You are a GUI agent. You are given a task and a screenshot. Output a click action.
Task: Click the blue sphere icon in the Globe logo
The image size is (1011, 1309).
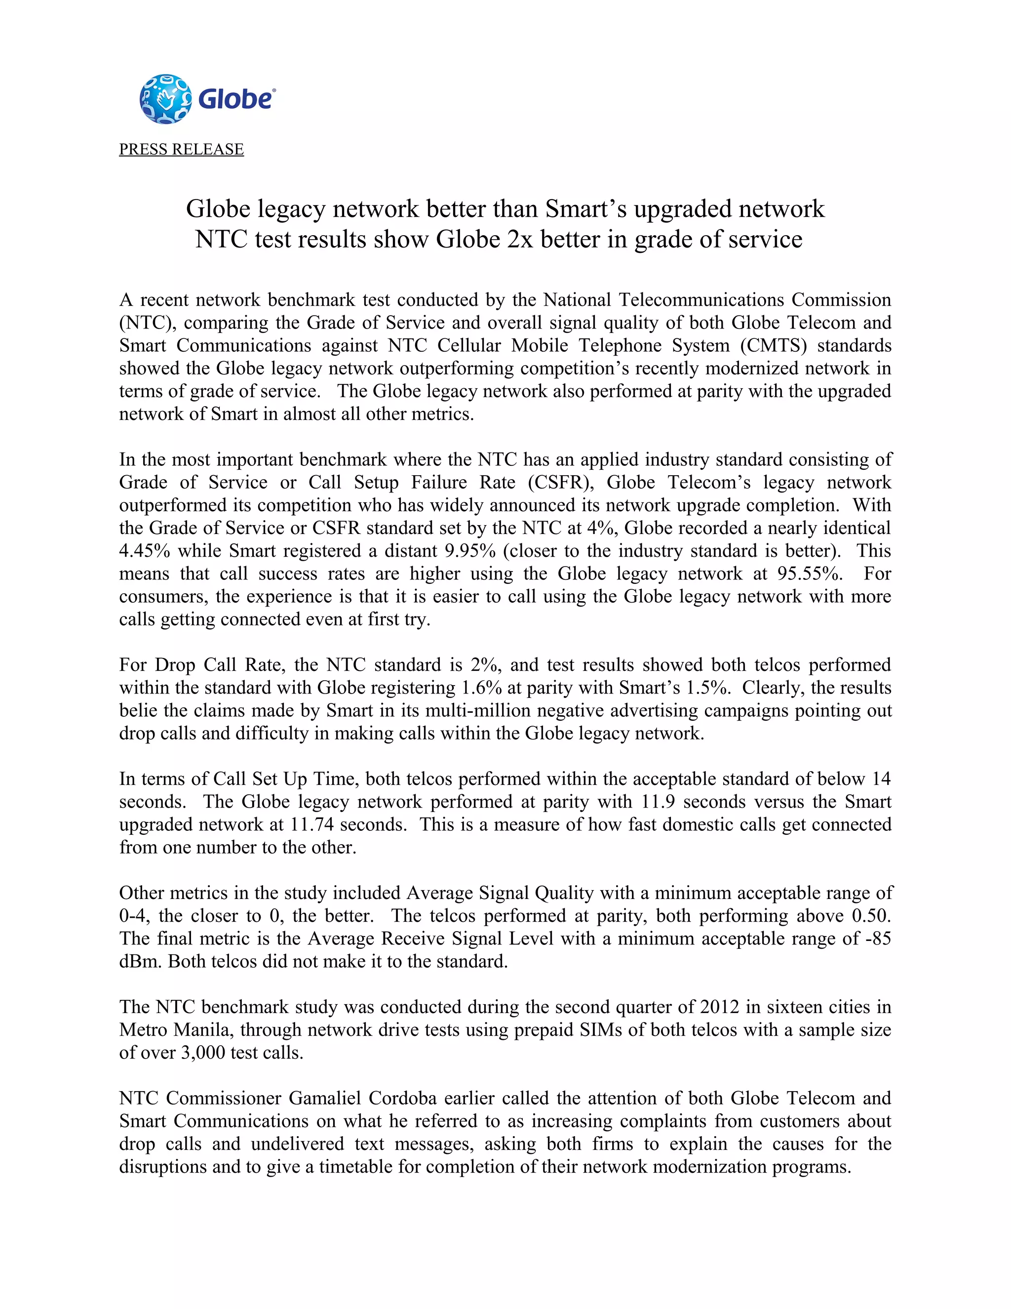[165, 99]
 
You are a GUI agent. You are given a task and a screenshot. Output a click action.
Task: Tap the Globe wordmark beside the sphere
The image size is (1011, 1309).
[236, 99]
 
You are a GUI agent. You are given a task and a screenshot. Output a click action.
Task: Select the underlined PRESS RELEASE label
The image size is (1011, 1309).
[182, 149]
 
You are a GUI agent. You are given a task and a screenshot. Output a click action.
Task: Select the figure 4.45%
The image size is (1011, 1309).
[144, 551]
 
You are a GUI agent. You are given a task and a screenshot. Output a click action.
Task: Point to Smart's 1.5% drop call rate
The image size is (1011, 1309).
[708, 688]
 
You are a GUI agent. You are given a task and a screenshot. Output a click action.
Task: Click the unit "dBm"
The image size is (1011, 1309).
[141, 961]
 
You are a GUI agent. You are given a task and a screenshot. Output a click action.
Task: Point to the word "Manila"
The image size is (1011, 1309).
[196, 1030]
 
